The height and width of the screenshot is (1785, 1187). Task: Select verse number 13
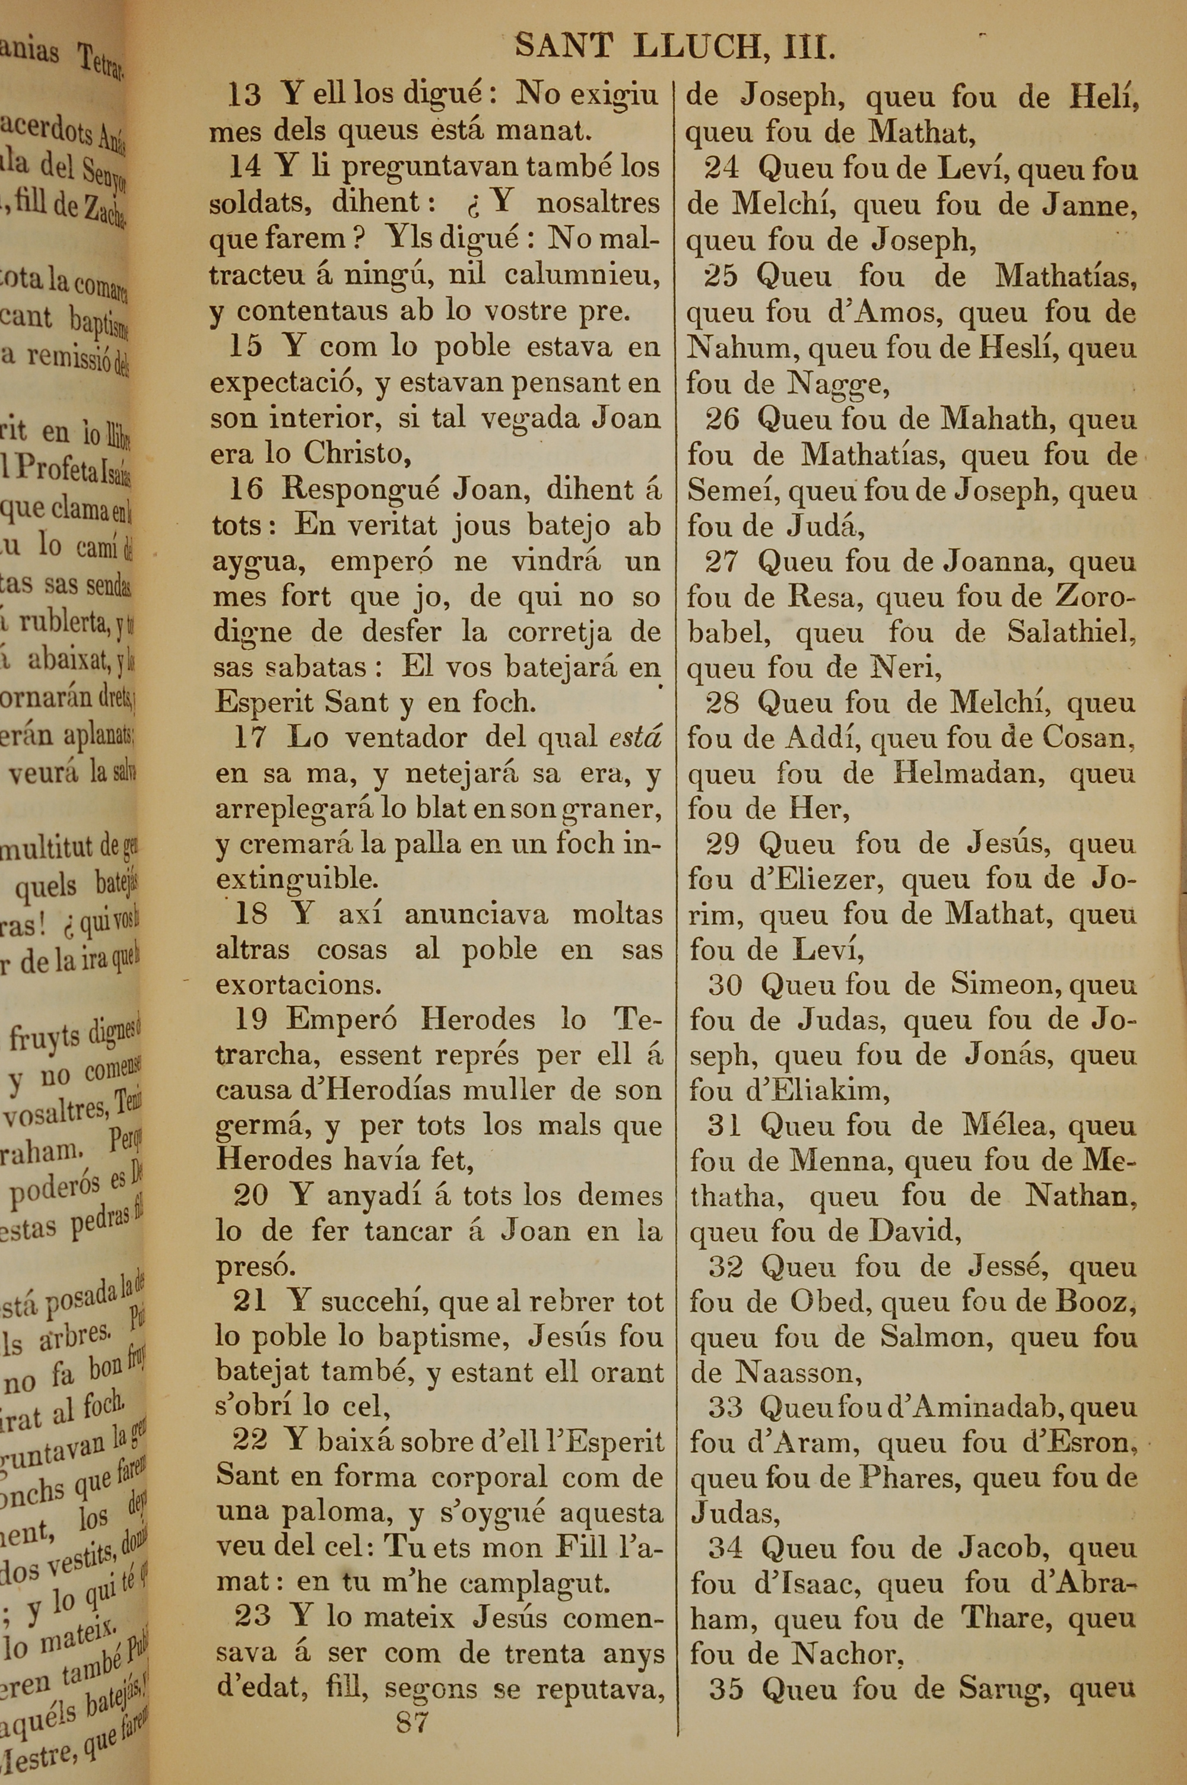[245, 96]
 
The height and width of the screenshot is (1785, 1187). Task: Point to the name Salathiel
[1071, 632]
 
